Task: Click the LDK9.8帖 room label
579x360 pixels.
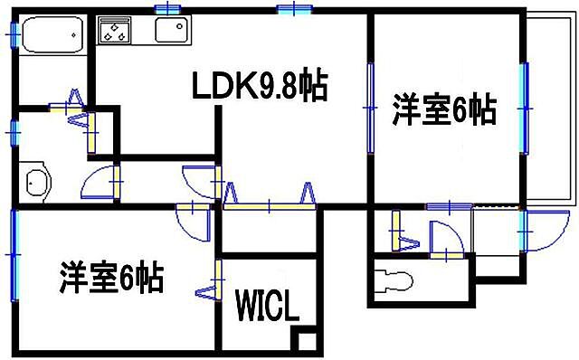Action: (x=259, y=87)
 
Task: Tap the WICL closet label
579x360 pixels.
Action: (x=268, y=306)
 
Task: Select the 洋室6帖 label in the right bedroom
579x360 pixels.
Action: (x=443, y=110)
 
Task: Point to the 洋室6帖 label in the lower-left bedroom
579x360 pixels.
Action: (x=112, y=277)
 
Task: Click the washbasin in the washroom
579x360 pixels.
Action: (x=35, y=183)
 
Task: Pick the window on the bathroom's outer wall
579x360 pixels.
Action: (x=13, y=33)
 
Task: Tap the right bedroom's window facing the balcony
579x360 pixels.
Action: (x=523, y=109)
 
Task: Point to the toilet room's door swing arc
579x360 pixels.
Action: (x=444, y=239)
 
